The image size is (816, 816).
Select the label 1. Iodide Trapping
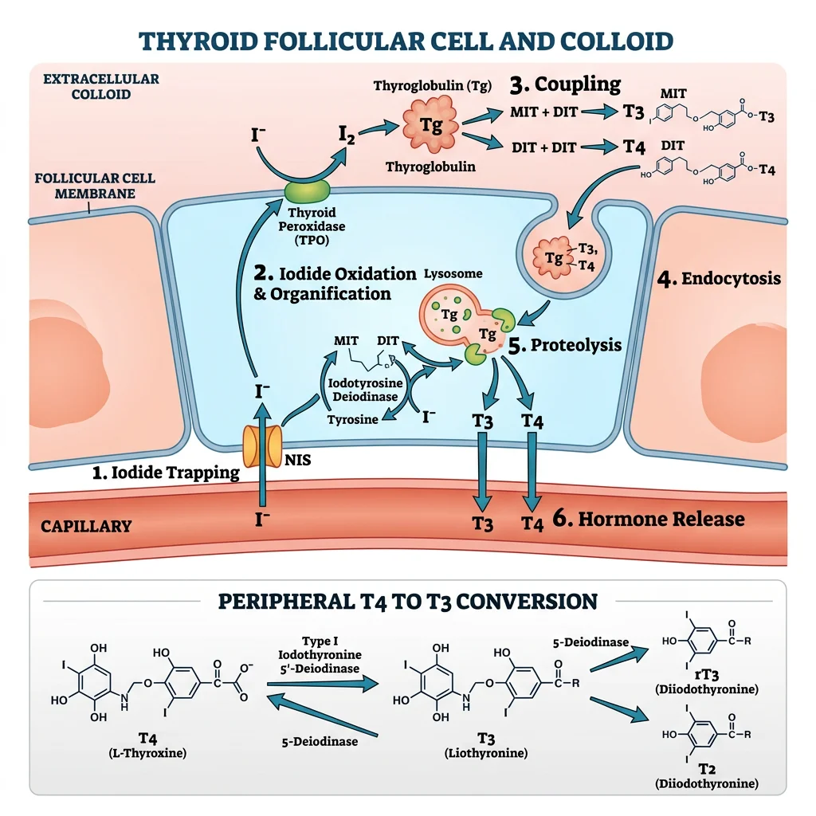[166, 473]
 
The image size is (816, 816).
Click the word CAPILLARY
[87, 526]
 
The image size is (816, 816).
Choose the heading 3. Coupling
[566, 84]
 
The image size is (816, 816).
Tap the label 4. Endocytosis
[719, 280]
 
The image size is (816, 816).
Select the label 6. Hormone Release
[649, 520]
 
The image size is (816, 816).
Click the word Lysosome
[454, 273]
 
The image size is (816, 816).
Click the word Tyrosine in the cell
[353, 420]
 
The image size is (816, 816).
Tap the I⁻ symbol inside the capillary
[261, 520]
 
